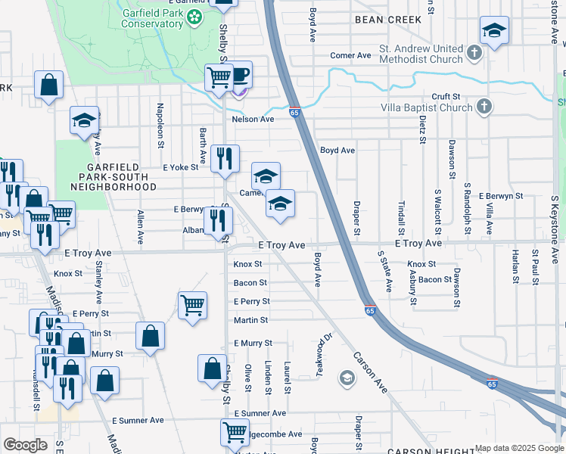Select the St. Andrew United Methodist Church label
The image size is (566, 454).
421,54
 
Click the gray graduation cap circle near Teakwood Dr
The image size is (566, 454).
347,378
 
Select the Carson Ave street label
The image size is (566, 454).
370,372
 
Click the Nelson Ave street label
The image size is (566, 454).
252,120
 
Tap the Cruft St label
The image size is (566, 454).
446,97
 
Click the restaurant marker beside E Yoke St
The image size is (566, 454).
225,159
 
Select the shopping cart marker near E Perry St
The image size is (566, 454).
193,306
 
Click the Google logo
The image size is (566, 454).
25,445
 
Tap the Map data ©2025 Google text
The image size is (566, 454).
518,448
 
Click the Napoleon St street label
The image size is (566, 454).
160,120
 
